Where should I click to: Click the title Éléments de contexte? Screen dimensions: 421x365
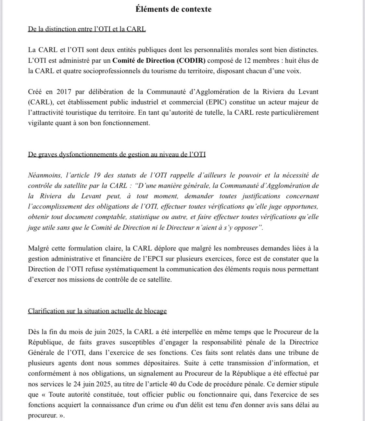[173, 9]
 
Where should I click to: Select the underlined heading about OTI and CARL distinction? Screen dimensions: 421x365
[87, 29]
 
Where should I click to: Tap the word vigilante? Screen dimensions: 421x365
[41, 123]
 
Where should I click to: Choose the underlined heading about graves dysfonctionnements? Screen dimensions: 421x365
[117, 154]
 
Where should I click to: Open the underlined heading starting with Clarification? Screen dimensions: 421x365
[97, 311]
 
